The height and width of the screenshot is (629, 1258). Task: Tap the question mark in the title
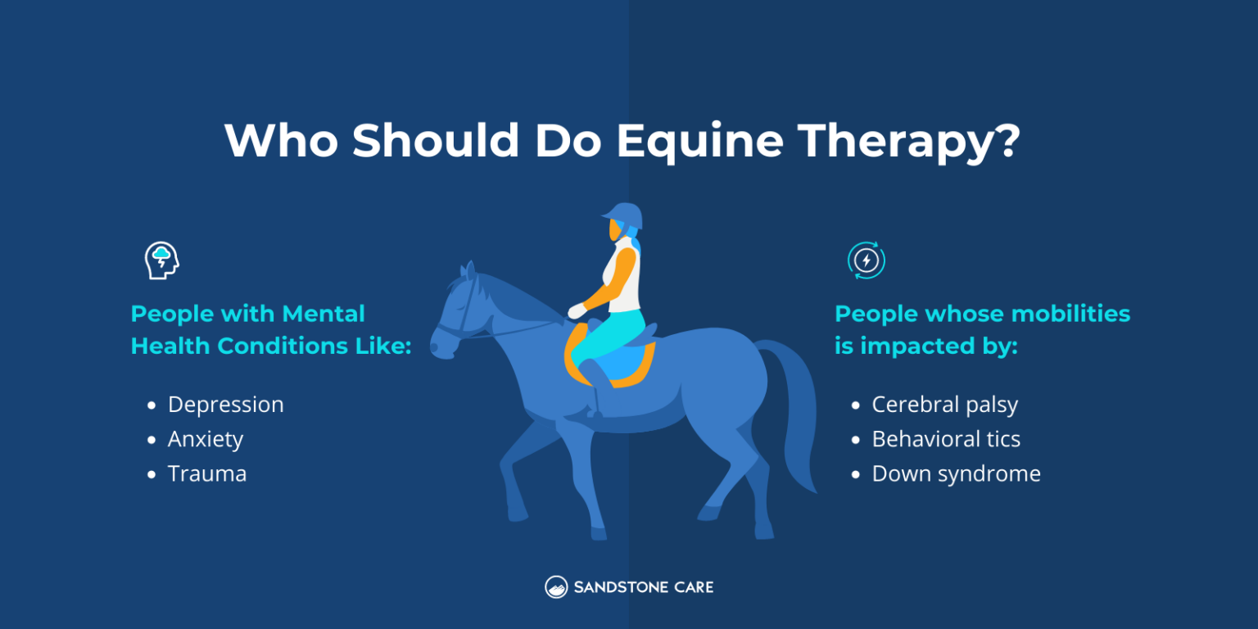(x=1006, y=142)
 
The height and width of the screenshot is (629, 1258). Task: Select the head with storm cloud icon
(x=161, y=260)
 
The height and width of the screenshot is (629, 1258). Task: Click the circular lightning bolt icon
(x=866, y=260)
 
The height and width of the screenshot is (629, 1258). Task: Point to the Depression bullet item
(x=225, y=405)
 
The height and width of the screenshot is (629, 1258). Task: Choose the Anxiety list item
(x=205, y=439)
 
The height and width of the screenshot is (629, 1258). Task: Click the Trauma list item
(x=206, y=473)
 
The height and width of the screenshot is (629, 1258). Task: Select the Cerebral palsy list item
(x=944, y=405)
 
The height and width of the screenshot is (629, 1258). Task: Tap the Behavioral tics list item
(x=946, y=439)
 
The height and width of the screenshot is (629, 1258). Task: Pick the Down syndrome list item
(x=956, y=473)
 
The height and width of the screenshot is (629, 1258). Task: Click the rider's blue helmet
(x=624, y=215)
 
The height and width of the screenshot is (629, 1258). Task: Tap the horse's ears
(x=468, y=271)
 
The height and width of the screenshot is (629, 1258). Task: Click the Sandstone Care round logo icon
(x=556, y=587)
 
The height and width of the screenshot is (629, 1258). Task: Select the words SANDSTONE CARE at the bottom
(x=643, y=587)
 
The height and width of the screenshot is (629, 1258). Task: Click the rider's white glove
(x=577, y=311)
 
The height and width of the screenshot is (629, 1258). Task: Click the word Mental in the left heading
(x=323, y=314)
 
